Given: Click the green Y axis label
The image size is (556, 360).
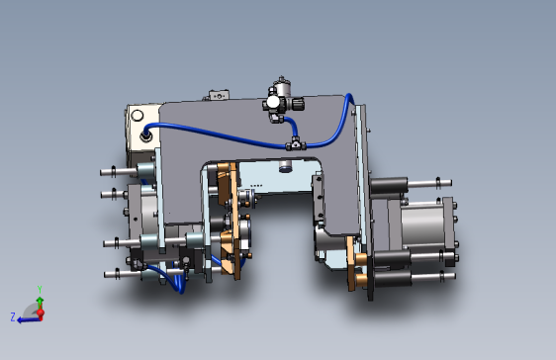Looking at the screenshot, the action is tap(40, 290).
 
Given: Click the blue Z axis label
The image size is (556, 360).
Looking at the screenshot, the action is tap(13, 316).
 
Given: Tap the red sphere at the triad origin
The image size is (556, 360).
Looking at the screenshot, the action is tap(41, 314).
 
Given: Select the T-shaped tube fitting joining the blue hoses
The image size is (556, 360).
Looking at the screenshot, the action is tap(296, 144).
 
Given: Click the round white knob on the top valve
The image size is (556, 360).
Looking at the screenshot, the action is tap(273, 103).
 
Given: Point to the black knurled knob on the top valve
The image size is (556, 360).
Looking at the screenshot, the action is tap(298, 104).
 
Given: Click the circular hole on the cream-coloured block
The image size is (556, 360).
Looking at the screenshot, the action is tap(137, 116).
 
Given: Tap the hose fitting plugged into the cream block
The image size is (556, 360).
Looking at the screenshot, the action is tap(145, 136).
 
